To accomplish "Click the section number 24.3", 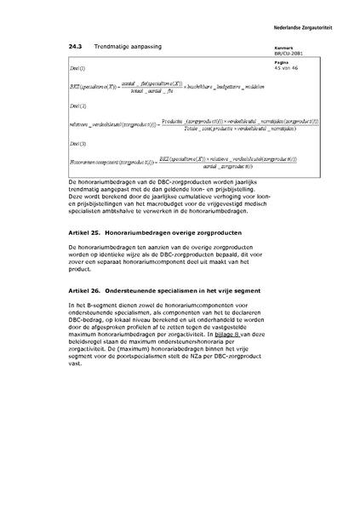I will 74,46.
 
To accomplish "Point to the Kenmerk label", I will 284,48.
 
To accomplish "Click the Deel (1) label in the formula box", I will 77,66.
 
